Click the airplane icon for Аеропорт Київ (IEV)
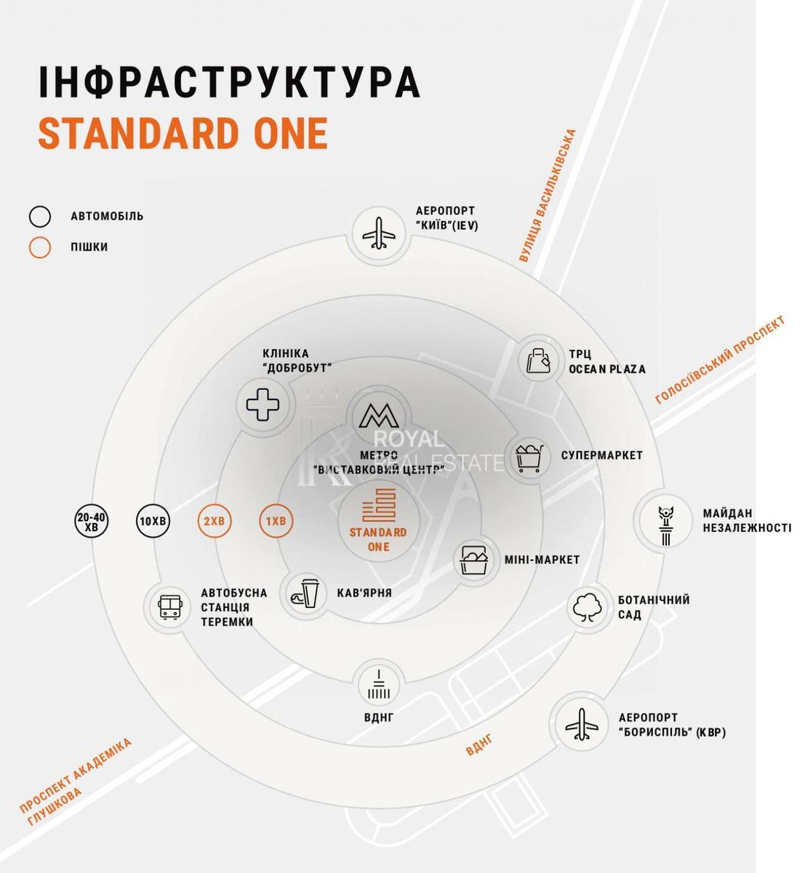click(379, 234)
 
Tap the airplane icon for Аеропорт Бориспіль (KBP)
click(582, 724)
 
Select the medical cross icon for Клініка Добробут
click(262, 404)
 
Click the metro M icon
click(379, 416)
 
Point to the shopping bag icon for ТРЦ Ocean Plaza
click(538, 360)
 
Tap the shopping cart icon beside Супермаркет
click(529, 458)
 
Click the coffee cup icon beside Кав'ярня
click(305, 593)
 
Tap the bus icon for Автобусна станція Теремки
click(169, 606)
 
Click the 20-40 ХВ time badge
click(91, 521)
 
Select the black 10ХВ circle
click(153, 521)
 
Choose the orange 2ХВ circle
click(214, 521)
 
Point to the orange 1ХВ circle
click(276, 521)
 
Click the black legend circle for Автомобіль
click(40, 216)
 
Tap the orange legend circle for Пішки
click(40, 247)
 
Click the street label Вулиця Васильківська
click(548, 196)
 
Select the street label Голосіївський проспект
click(720, 360)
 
